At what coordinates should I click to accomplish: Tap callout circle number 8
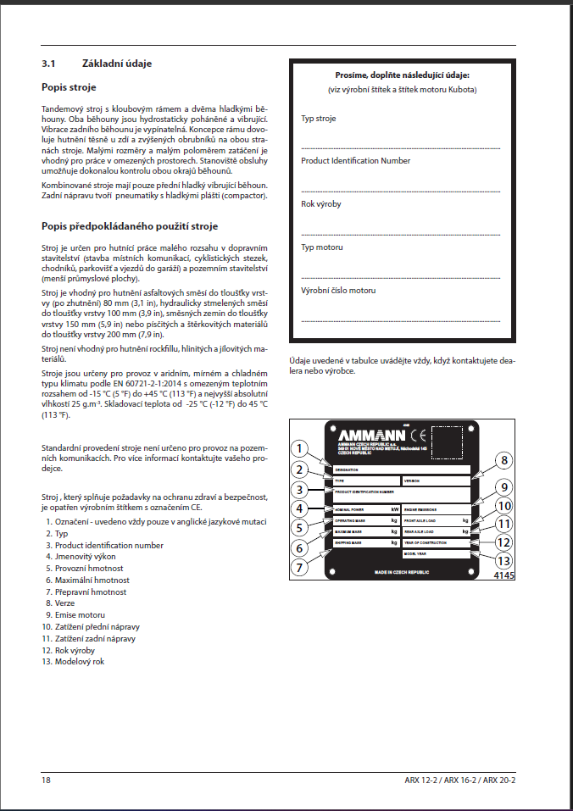[503, 461]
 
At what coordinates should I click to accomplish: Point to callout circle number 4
[298, 508]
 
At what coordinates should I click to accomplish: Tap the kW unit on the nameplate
[394, 508]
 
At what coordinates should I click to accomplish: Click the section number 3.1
[48, 64]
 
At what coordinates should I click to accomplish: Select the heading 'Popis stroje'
[69, 87]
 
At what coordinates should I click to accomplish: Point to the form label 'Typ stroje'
[319, 119]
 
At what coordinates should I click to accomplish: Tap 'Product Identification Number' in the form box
[355, 161]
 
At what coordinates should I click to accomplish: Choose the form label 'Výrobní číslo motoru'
[338, 291]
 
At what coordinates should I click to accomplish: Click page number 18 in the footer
[46, 780]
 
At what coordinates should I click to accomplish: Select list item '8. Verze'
[63, 603]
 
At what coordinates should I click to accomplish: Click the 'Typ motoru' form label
[322, 247]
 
